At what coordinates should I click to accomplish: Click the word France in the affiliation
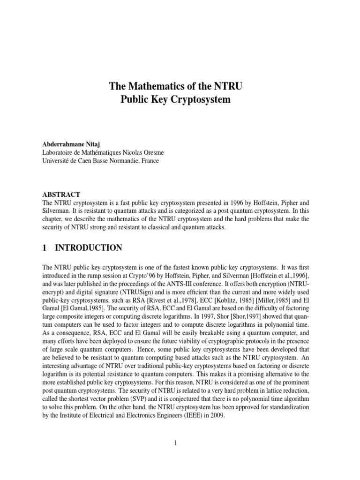pos(148,160)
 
